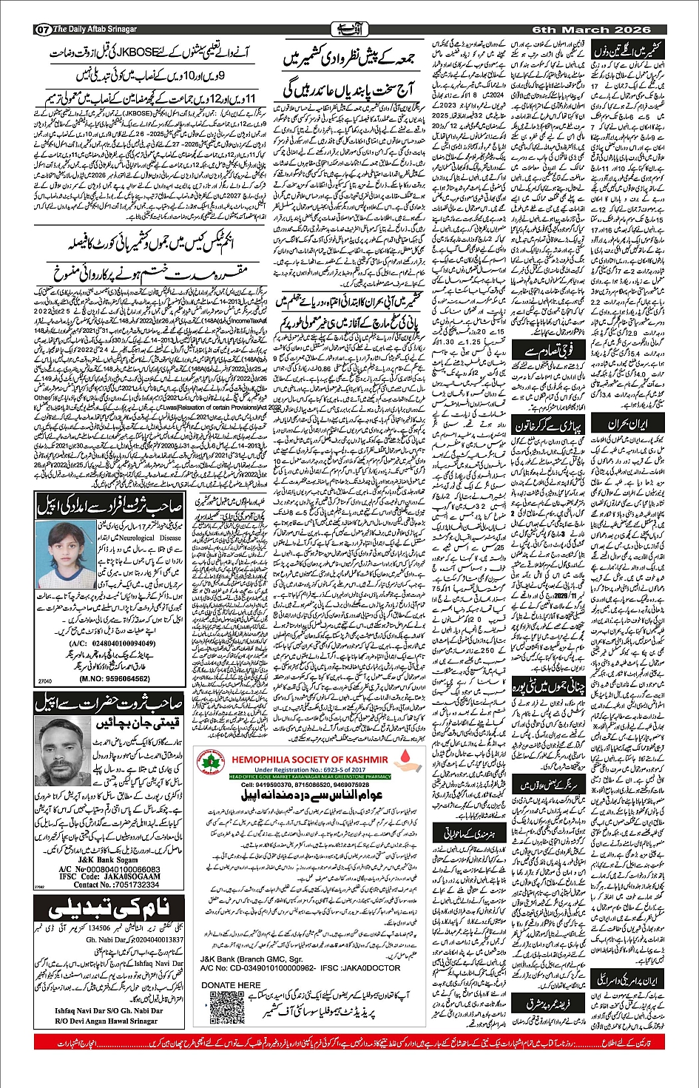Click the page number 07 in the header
click(41, 30)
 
